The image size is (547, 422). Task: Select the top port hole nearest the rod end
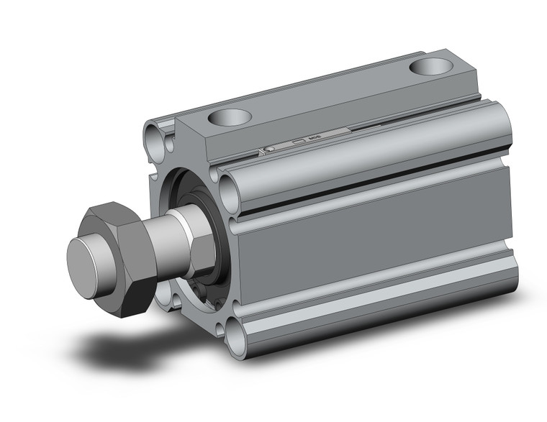231,116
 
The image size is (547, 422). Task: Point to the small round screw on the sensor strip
268,149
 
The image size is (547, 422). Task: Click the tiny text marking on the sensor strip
314,139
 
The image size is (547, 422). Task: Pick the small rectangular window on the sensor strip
296,142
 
